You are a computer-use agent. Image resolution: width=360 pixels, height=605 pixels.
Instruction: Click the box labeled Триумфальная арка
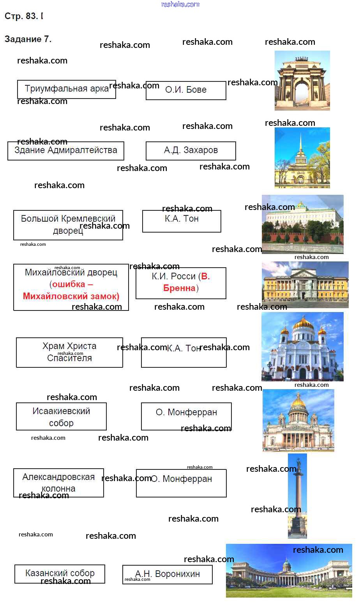click(x=66, y=89)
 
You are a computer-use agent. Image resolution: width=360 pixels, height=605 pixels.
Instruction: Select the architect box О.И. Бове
click(x=186, y=90)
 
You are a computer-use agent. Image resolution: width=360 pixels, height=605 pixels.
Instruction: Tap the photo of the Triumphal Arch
click(x=302, y=81)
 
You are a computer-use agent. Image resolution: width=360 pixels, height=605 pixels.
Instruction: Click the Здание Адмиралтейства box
click(x=65, y=151)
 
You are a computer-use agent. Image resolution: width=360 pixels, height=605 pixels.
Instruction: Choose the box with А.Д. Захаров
click(x=191, y=151)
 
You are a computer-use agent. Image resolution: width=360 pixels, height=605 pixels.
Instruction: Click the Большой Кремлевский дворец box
click(x=68, y=225)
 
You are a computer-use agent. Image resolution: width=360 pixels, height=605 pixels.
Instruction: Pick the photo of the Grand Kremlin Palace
click(x=302, y=224)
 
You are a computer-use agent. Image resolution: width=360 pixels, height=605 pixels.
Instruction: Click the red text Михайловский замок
click(x=71, y=296)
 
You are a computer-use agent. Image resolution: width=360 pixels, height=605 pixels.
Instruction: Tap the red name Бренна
click(x=179, y=288)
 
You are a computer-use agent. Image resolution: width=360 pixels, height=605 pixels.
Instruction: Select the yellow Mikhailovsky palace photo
click(x=305, y=284)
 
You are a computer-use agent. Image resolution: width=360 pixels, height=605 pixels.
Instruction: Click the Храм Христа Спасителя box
click(x=69, y=352)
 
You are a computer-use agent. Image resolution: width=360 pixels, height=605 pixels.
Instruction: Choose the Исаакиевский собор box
click(x=61, y=416)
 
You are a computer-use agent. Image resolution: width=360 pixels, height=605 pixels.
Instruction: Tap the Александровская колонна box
click(x=58, y=483)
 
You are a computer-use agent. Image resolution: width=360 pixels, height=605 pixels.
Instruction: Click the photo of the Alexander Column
click(x=297, y=496)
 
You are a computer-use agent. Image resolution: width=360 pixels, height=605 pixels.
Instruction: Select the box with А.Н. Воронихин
click(x=167, y=574)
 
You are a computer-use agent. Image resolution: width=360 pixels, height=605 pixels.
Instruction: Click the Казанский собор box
click(x=60, y=573)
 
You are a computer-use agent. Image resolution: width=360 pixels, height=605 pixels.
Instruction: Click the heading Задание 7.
click(x=28, y=39)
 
